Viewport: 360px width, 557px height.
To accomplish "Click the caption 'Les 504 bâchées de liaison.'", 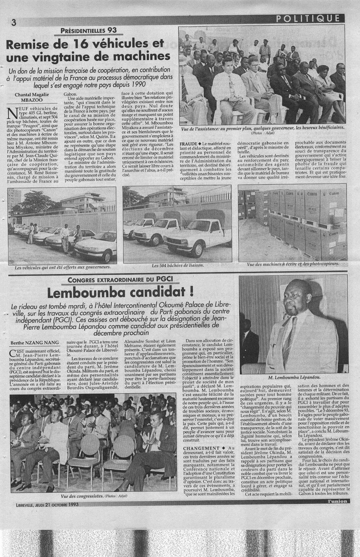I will pyautogui.click(x=177, y=265).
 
